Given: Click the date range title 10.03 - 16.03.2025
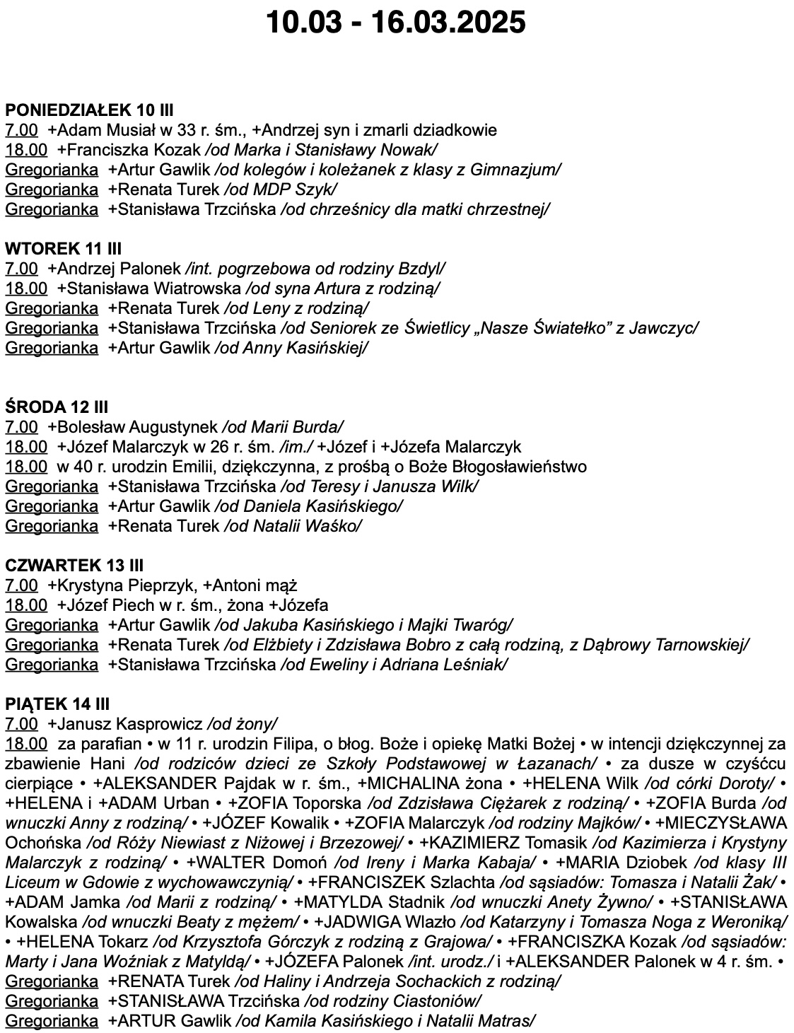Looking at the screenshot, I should tap(396, 23).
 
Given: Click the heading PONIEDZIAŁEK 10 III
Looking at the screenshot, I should tap(89, 110).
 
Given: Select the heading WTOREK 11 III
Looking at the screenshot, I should tap(63, 248).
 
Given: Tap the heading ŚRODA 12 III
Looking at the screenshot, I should tap(57, 407).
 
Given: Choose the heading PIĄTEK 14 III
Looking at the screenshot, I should tap(57, 704).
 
